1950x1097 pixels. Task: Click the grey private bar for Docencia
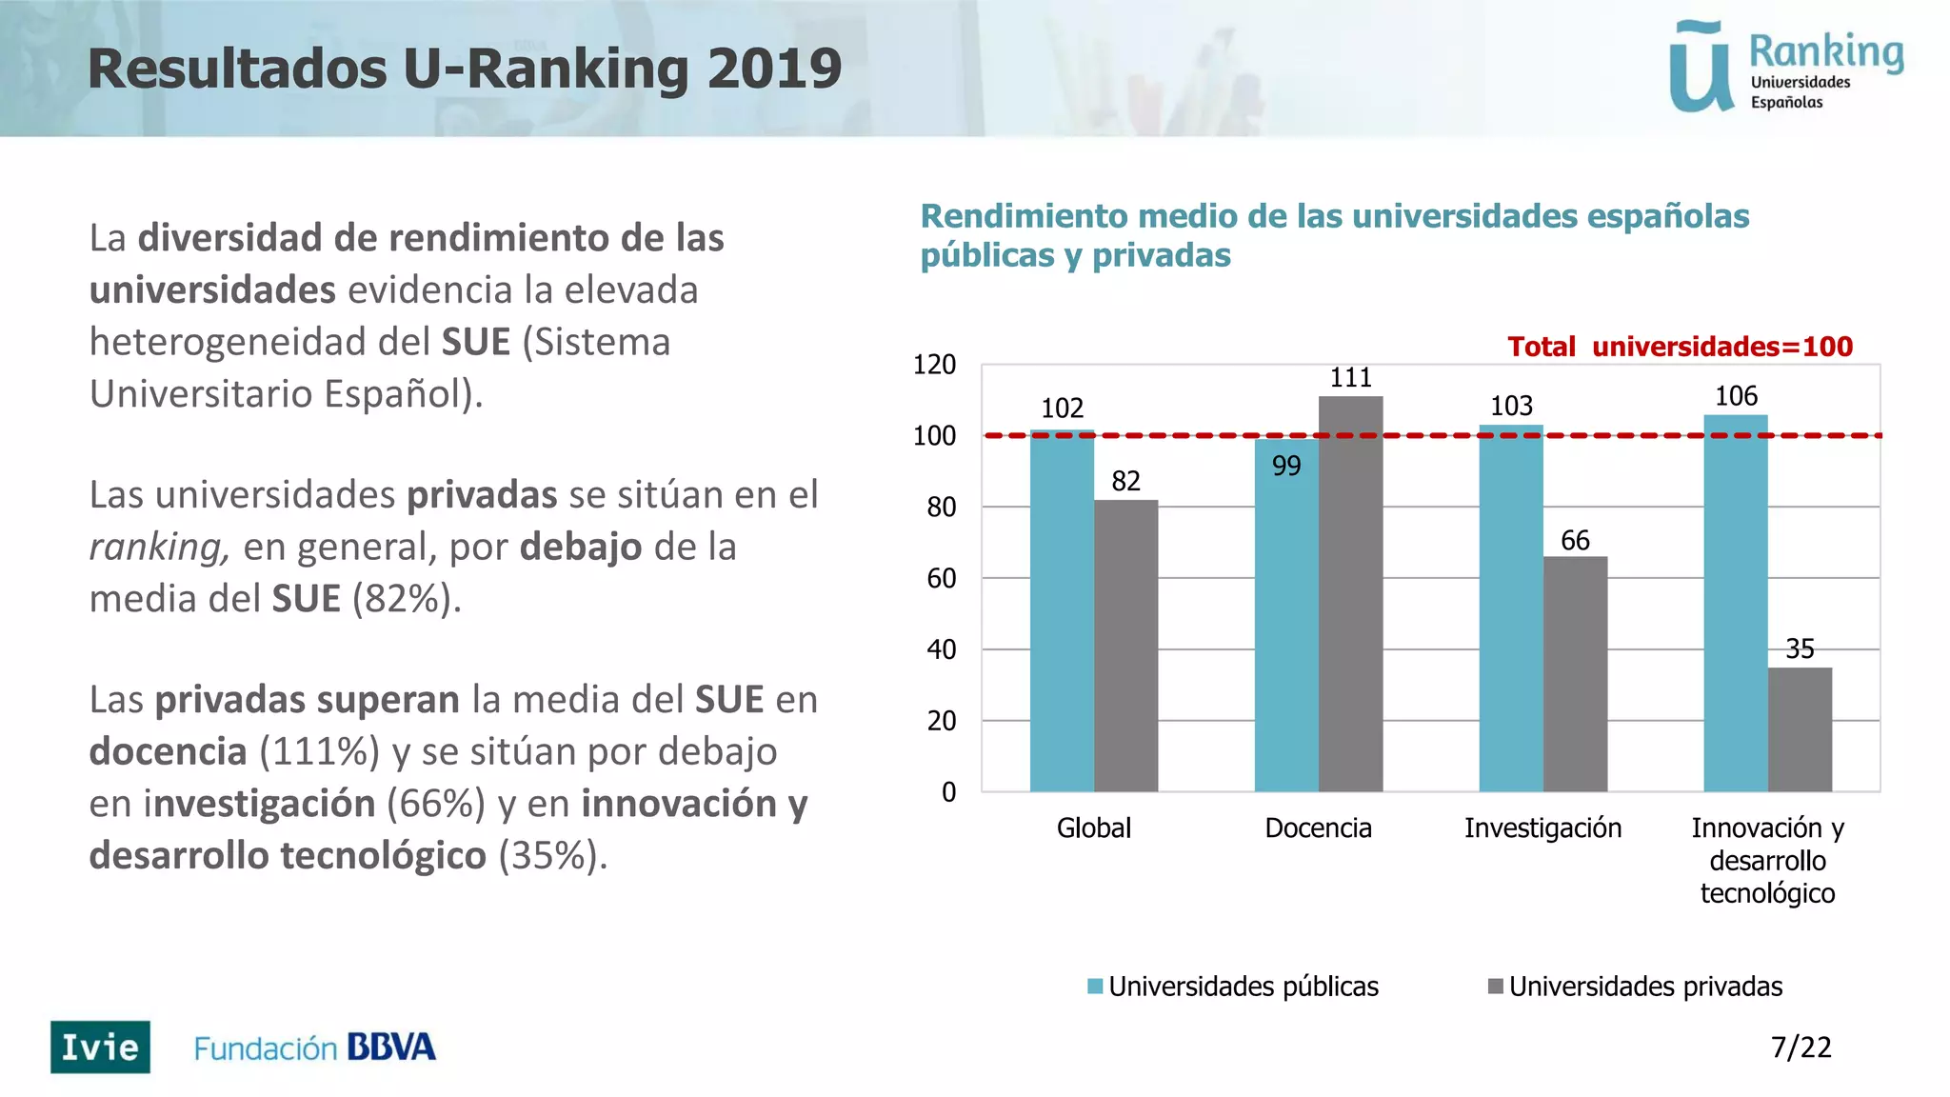coord(1350,594)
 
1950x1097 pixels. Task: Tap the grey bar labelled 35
coord(1800,729)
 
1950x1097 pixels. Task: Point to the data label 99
coord(1286,467)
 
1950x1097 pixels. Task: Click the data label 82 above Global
coord(1125,481)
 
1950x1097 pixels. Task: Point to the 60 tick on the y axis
coord(941,579)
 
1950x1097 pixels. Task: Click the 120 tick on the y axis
coord(934,365)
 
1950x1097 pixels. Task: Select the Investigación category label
coord(1542,828)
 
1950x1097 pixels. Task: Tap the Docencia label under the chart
coord(1318,828)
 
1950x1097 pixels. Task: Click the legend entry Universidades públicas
coord(1243,987)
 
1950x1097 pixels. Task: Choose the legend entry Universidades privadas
coord(1644,987)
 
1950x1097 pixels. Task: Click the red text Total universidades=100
coord(1680,347)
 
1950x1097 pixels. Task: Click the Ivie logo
coord(100,1047)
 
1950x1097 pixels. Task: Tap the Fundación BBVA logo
coord(314,1047)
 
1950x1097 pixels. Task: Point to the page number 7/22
coord(1801,1047)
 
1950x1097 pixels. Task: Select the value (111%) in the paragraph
coord(319,752)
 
